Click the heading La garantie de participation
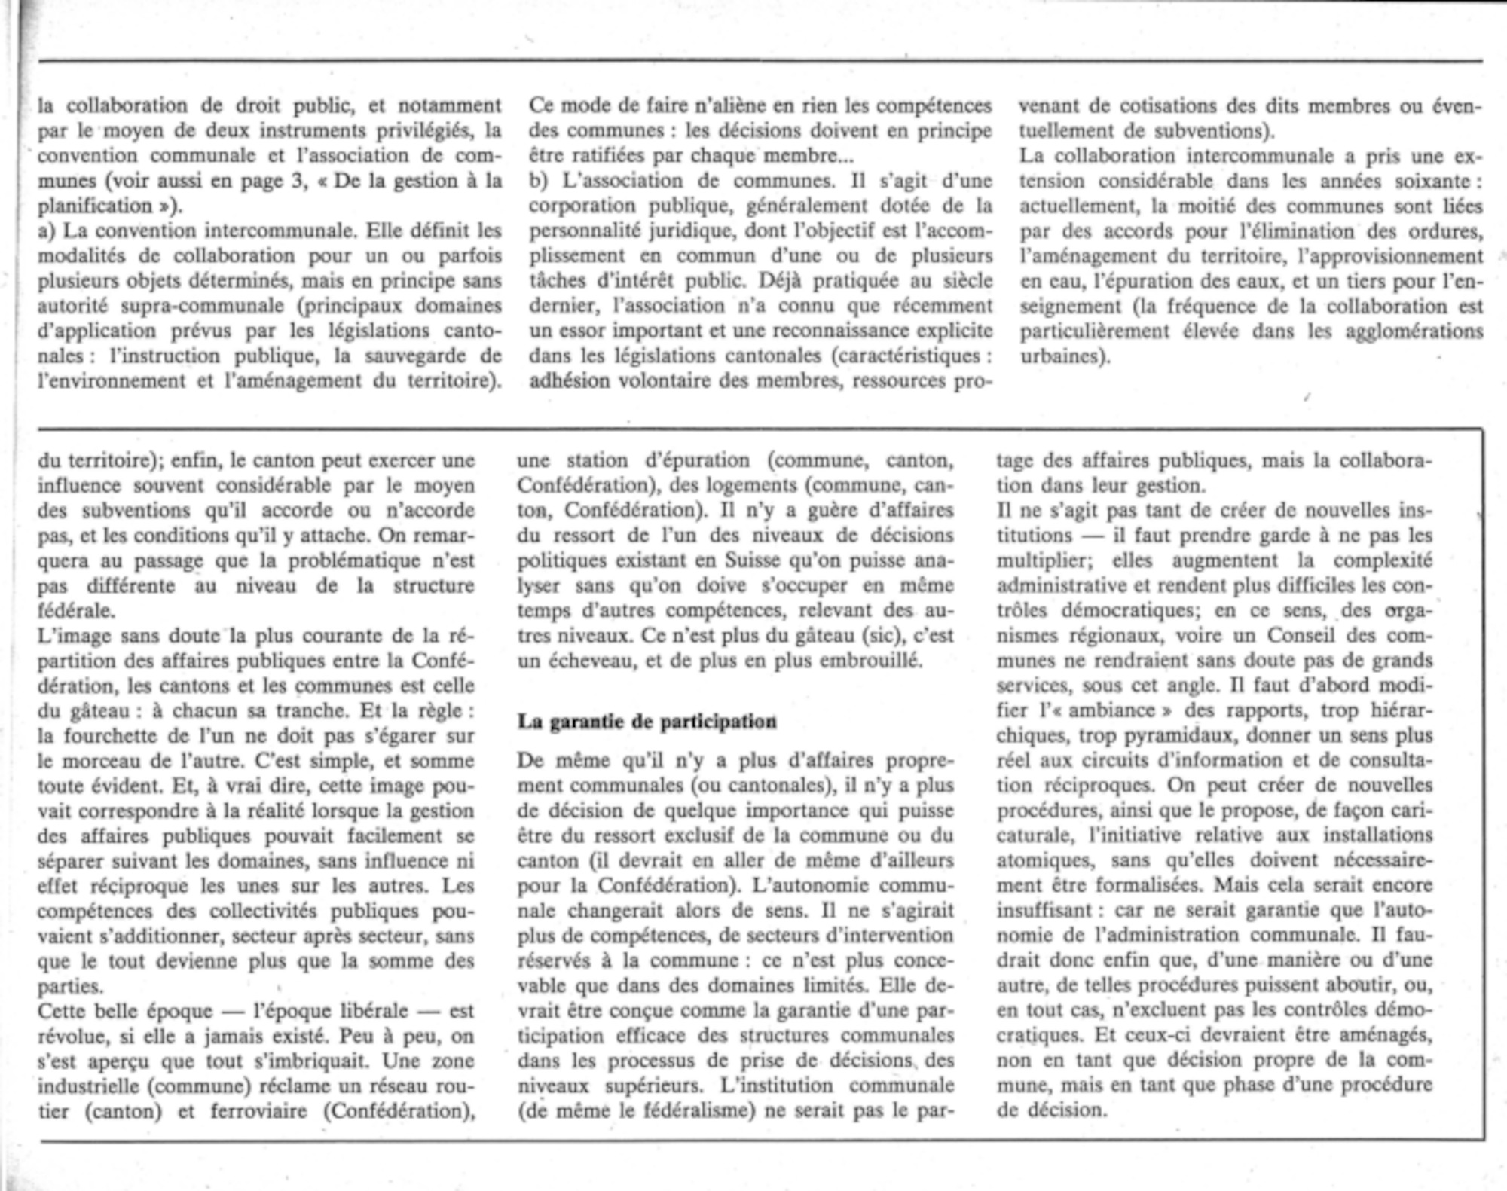click(647, 722)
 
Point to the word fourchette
click(111, 736)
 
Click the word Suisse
click(758, 560)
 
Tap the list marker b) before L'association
click(538, 181)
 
